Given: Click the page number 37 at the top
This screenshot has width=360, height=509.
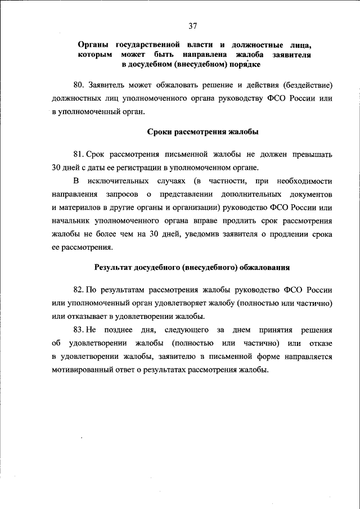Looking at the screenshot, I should (x=193, y=25).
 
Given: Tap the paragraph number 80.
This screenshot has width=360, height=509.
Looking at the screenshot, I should (x=79, y=85).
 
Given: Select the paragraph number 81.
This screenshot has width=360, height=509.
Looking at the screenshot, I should (x=78, y=154).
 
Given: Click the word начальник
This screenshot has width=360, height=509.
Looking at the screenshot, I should (x=72, y=222).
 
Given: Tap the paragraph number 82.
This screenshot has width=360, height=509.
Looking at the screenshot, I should (x=79, y=290).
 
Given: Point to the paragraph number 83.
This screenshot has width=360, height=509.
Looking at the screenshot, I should (x=79, y=330).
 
